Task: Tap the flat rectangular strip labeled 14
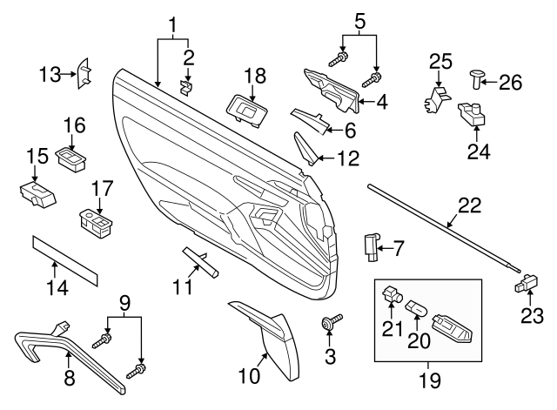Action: tap(65, 259)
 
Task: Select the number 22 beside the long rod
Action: tap(470, 207)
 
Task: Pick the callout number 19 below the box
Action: tap(429, 380)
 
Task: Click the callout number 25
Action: tap(442, 61)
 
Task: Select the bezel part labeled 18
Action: tap(246, 109)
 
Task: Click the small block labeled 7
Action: tap(372, 246)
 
